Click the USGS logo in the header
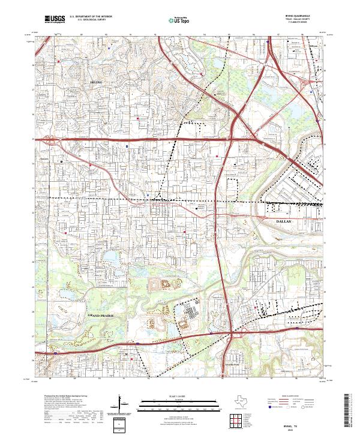55,20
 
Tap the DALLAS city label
286,221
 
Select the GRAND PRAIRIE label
100,314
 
